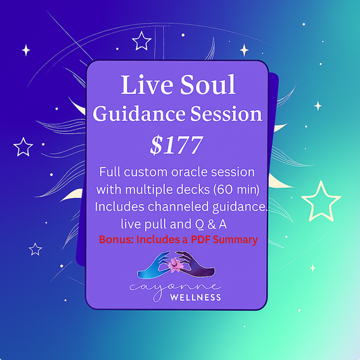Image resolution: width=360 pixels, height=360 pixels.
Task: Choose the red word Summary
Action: coord(237,239)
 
